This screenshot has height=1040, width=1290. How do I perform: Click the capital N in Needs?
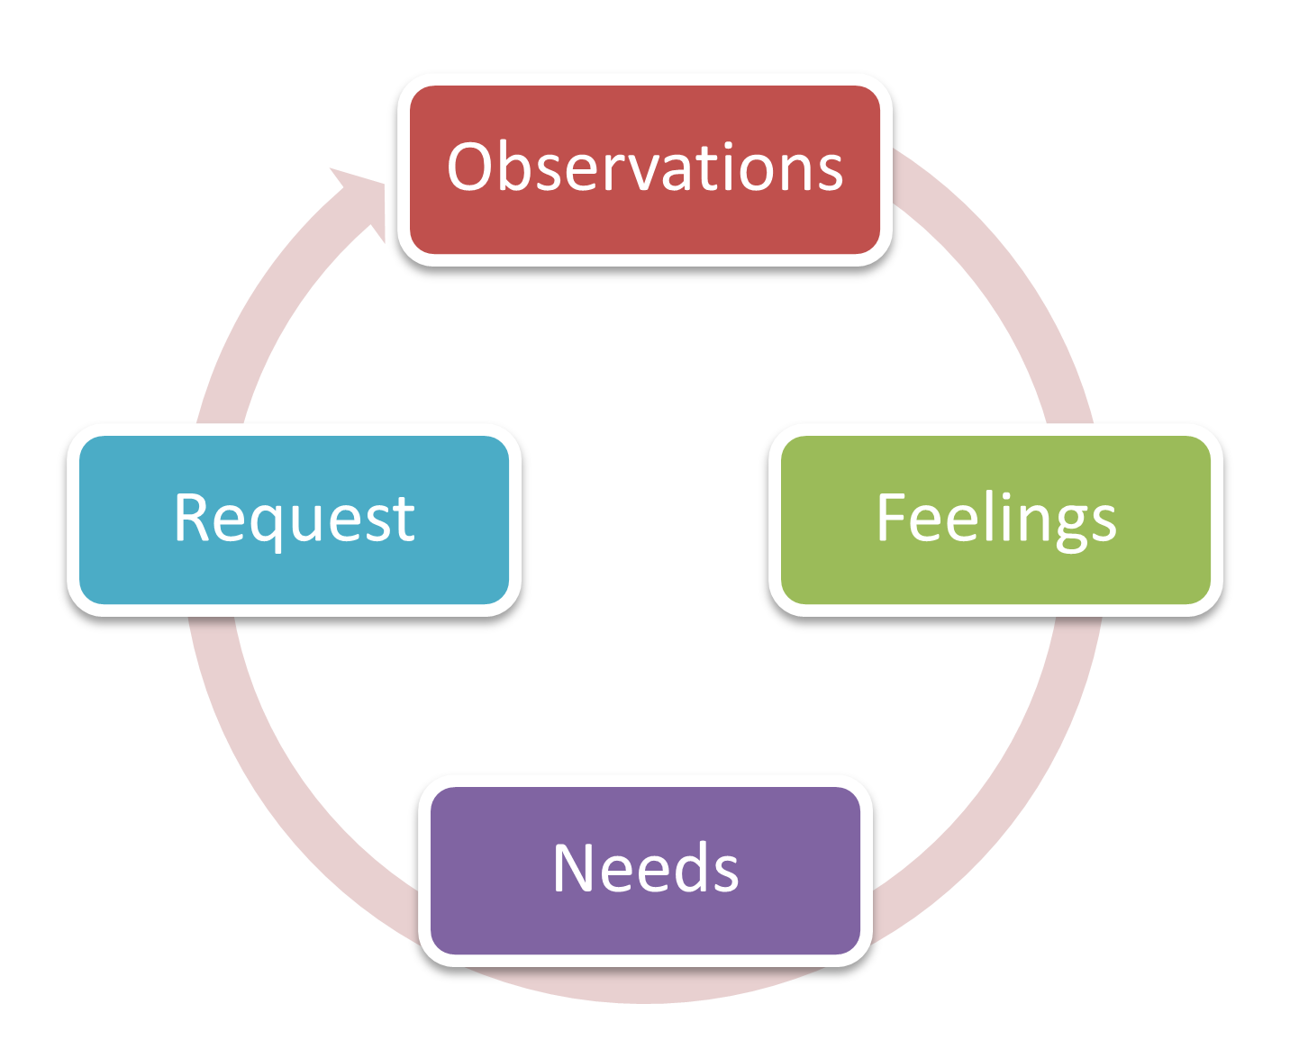click(574, 868)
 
